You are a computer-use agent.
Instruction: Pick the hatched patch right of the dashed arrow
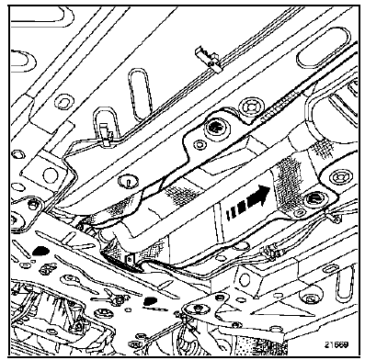[292, 188]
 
